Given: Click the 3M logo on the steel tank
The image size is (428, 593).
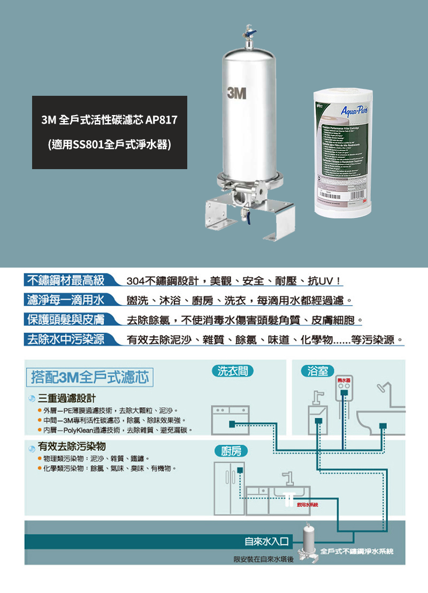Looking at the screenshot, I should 236,93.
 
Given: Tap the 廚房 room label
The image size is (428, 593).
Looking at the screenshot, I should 230,451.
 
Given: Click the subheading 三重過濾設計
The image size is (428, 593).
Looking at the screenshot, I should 67,399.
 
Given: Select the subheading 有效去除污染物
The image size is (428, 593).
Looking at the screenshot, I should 72,446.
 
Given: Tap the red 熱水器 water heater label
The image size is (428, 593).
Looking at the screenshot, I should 343,379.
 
